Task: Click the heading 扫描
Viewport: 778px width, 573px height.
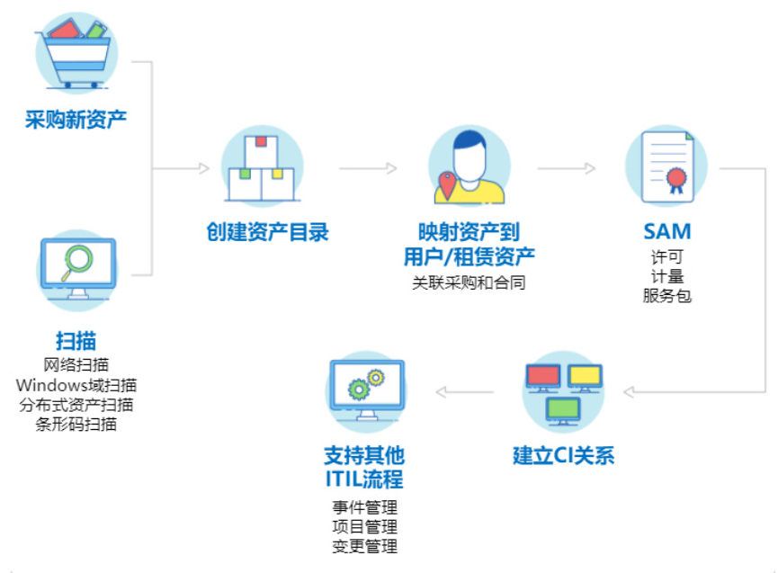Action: pos(76,341)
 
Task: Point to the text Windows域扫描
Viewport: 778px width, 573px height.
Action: pos(76,385)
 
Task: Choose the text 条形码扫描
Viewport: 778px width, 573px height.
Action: pos(76,425)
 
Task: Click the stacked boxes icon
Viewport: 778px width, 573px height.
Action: pos(262,170)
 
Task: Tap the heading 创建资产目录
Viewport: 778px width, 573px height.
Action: pos(266,233)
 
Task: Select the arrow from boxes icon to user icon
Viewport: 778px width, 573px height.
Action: pos(368,167)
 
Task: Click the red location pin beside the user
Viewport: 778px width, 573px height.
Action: pos(445,185)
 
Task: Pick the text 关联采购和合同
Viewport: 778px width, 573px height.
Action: pos(469,282)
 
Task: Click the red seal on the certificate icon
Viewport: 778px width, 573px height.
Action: pos(675,181)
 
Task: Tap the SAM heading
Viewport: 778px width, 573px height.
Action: pos(666,233)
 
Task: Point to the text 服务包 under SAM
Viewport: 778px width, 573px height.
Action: pos(666,296)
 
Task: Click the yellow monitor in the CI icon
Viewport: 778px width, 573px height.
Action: pos(585,375)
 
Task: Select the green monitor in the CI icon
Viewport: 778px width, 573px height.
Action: pos(564,410)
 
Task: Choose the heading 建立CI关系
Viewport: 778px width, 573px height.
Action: pos(563,455)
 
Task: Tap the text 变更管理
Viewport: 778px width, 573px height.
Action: pos(365,546)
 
